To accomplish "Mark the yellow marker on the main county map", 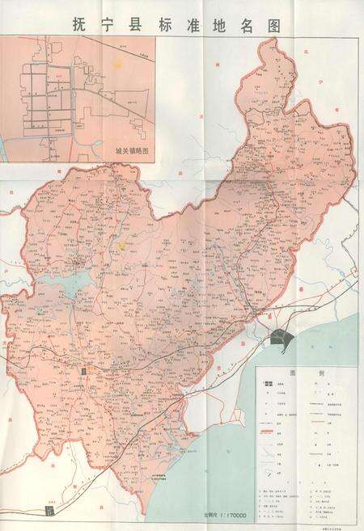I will tap(121, 243).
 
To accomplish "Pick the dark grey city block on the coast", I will tap(282, 339).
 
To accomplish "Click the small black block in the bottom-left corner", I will tap(52, 510).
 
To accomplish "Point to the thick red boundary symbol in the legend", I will tap(272, 436).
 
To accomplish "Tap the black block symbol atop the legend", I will tap(270, 387).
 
